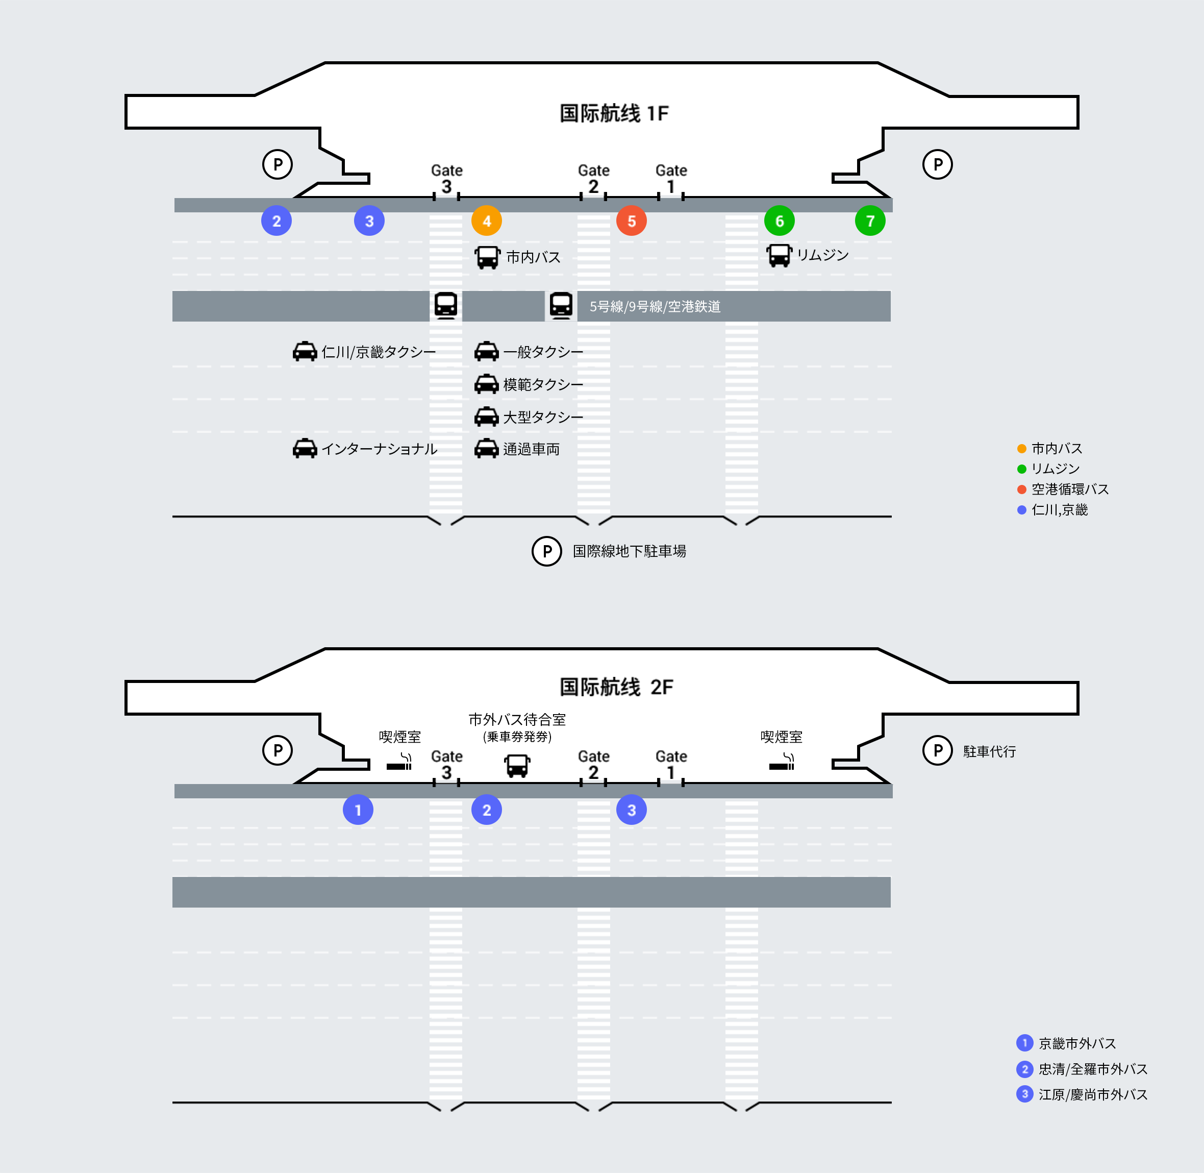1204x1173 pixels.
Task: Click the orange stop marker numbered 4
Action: pos(487,221)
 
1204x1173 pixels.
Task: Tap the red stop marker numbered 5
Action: pos(631,221)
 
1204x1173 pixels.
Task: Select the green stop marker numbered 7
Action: pos(870,221)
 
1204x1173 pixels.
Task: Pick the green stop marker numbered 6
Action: pos(779,221)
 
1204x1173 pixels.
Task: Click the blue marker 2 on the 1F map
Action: pos(277,221)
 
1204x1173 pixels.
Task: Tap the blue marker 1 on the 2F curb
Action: pos(358,810)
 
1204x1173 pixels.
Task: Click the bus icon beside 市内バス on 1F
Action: pos(487,257)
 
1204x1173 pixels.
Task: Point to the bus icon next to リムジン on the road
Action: pos(779,255)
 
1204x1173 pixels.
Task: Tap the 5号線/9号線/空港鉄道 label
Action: pos(655,306)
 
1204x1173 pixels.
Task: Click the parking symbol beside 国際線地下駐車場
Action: pos(546,551)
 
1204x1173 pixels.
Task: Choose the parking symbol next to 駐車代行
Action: pos(937,750)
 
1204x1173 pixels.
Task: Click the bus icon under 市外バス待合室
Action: pos(517,766)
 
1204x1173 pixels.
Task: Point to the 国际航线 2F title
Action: pos(616,687)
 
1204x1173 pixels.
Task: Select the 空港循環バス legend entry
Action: pos(1069,489)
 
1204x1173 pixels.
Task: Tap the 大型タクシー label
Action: pos(543,417)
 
